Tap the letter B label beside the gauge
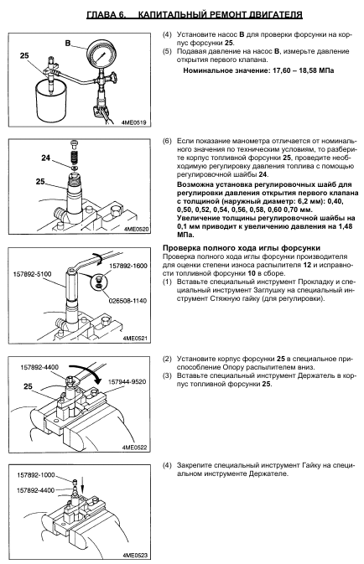[68, 44]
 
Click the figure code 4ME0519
[134, 122]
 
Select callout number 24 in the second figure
[46, 158]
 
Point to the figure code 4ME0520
[135, 229]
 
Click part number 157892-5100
[33, 274]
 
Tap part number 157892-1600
[127, 266]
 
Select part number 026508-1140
[127, 300]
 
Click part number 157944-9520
[127, 381]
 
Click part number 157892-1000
[36, 475]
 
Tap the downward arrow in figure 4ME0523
[82, 485]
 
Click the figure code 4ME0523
[135, 556]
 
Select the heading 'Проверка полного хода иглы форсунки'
[242, 248]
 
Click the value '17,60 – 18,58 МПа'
[303, 70]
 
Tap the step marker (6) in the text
[167, 141]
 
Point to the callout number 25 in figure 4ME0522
[28, 386]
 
